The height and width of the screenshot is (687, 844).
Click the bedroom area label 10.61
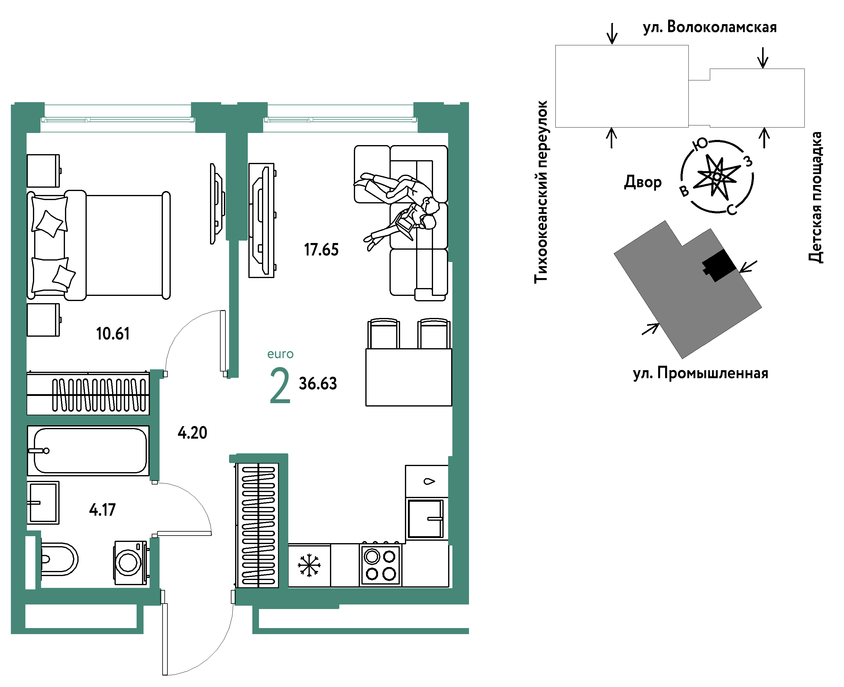(x=113, y=334)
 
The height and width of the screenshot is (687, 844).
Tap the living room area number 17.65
(x=321, y=250)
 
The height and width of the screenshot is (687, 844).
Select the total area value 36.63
(x=318, y=384)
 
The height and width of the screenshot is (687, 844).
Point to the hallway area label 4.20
(x=192, y=433)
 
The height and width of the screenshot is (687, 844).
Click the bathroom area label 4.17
(x=102, y=510)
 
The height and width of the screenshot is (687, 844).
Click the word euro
(x=280, y=354)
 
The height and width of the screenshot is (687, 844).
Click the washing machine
(x=131, y=562)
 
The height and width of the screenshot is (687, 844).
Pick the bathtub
(x=88, y=451)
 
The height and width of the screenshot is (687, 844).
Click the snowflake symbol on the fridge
(x=309, y=565)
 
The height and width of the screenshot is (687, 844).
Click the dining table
(x=408, y=377)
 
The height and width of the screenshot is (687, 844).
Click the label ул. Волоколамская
(x=710, y=27)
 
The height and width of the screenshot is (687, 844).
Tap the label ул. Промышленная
(x=700, y=373)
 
